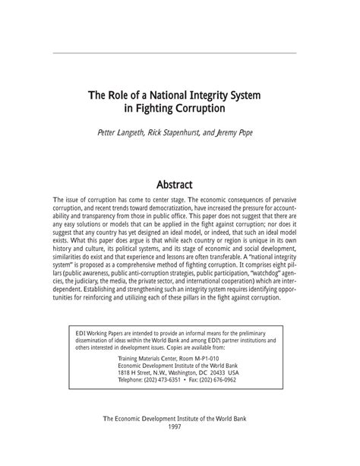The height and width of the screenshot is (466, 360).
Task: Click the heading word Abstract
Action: point(180,185)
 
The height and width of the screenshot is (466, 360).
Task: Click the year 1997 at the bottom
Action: point(179,446)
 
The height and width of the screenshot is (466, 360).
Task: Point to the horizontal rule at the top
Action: point(179,53)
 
